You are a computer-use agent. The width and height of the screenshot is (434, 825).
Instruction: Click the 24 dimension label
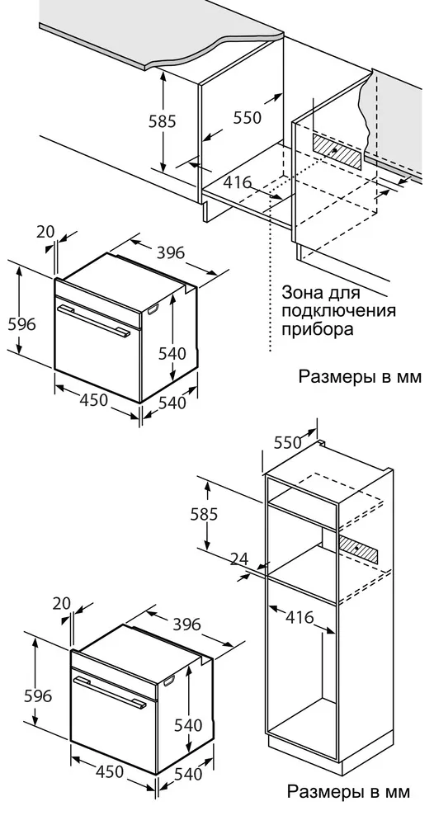pos(238,559)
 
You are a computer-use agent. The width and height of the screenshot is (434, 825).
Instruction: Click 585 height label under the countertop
pos(163,121)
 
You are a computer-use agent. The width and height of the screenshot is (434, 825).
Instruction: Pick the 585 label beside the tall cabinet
pos(203,514)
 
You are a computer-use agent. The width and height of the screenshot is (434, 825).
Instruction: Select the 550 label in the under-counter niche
pos(247,118)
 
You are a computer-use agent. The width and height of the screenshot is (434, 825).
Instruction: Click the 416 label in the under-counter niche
pos(237,183)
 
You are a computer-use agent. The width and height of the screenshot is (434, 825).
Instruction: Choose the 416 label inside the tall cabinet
pos(300,616)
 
